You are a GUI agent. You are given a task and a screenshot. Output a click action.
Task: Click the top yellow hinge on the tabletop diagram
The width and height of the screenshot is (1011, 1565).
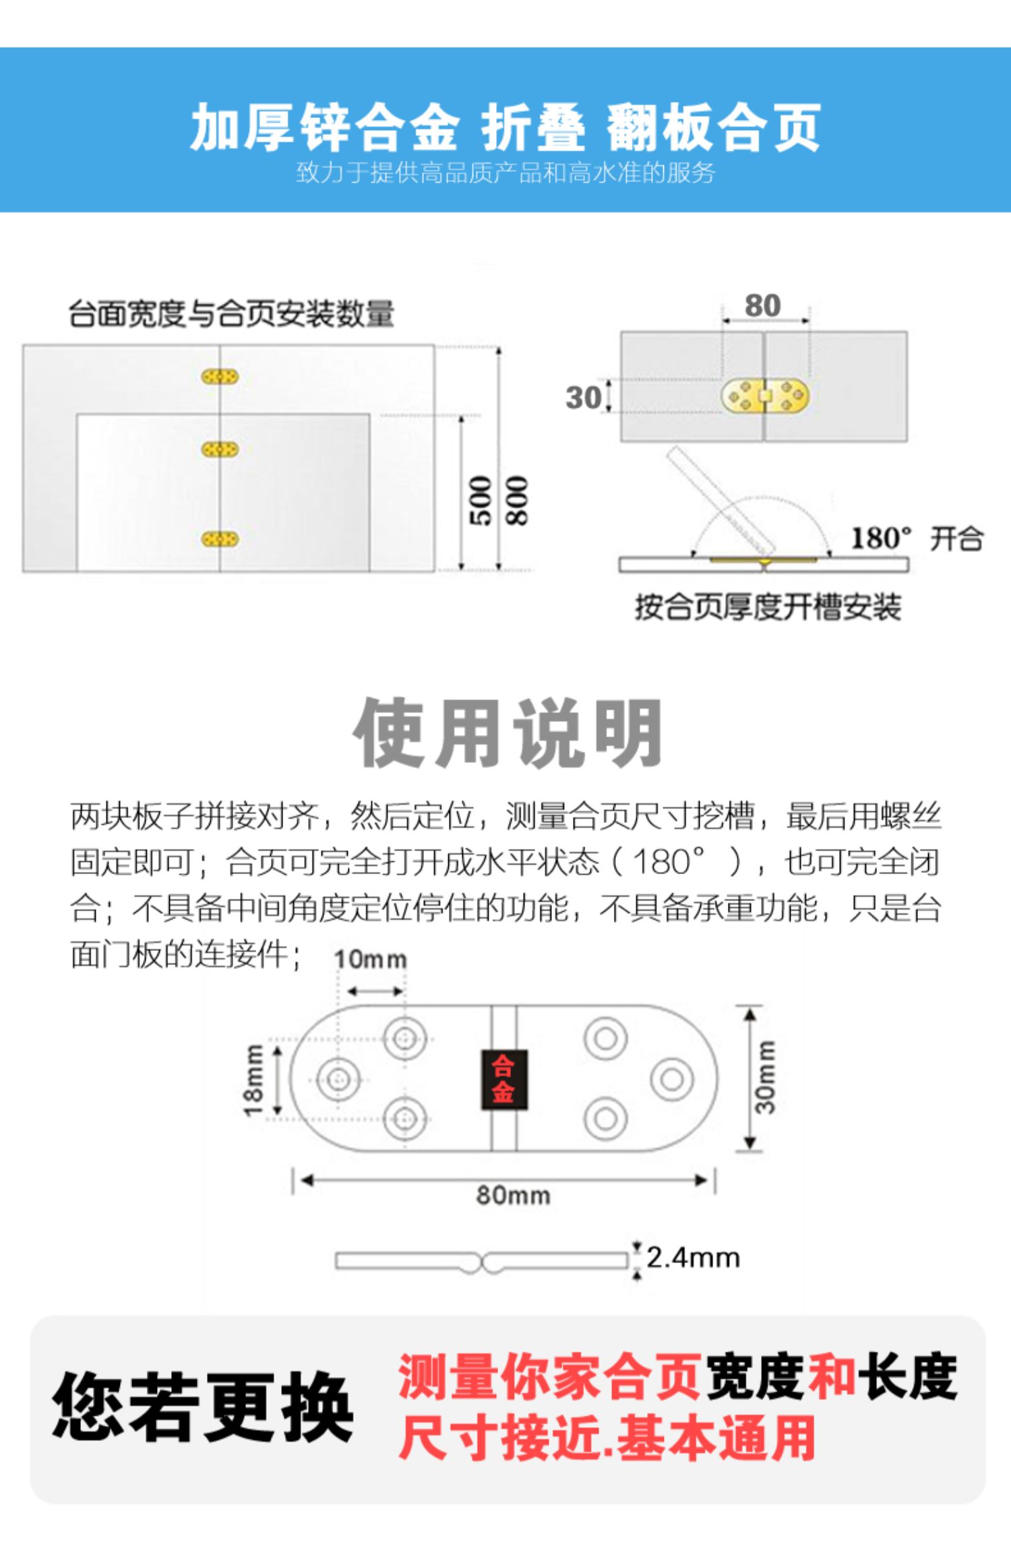[220, 377]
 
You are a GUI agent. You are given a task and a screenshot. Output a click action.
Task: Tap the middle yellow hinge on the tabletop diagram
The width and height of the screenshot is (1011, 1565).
[220, 449]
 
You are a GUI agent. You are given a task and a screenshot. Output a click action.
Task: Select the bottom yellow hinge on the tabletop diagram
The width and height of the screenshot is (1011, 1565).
[220, 539]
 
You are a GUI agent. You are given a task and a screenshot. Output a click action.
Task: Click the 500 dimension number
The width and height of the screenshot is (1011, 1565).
[481, 500]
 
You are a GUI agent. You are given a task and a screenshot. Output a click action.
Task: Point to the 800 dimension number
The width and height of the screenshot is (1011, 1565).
[517, 500]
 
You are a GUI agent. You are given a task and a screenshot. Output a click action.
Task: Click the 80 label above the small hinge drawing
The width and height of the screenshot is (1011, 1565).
[762, 306]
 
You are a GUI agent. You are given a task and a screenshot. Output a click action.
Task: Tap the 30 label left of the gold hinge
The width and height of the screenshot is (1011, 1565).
[583, 398]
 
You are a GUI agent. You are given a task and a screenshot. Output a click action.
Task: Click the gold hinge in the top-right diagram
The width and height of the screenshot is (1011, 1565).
[765, 396]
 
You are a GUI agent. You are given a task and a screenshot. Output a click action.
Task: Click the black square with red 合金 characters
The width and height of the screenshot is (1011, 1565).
[503, 1079]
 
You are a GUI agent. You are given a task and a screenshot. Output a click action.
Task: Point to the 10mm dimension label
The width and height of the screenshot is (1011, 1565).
[370, 959]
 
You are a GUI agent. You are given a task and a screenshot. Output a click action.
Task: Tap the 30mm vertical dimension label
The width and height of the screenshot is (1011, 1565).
[766, 1078]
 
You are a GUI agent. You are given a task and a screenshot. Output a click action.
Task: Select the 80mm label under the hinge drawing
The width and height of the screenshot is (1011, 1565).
[513, 1195]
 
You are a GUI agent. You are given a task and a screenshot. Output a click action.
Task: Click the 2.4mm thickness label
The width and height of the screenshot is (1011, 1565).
[693, 1258]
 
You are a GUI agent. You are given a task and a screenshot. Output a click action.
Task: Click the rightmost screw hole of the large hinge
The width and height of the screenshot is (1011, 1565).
[671, 1079]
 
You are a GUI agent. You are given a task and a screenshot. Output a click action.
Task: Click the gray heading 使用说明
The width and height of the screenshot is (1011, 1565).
[508, 733]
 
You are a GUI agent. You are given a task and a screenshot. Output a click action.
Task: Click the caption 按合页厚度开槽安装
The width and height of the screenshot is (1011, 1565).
[768, 607]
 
